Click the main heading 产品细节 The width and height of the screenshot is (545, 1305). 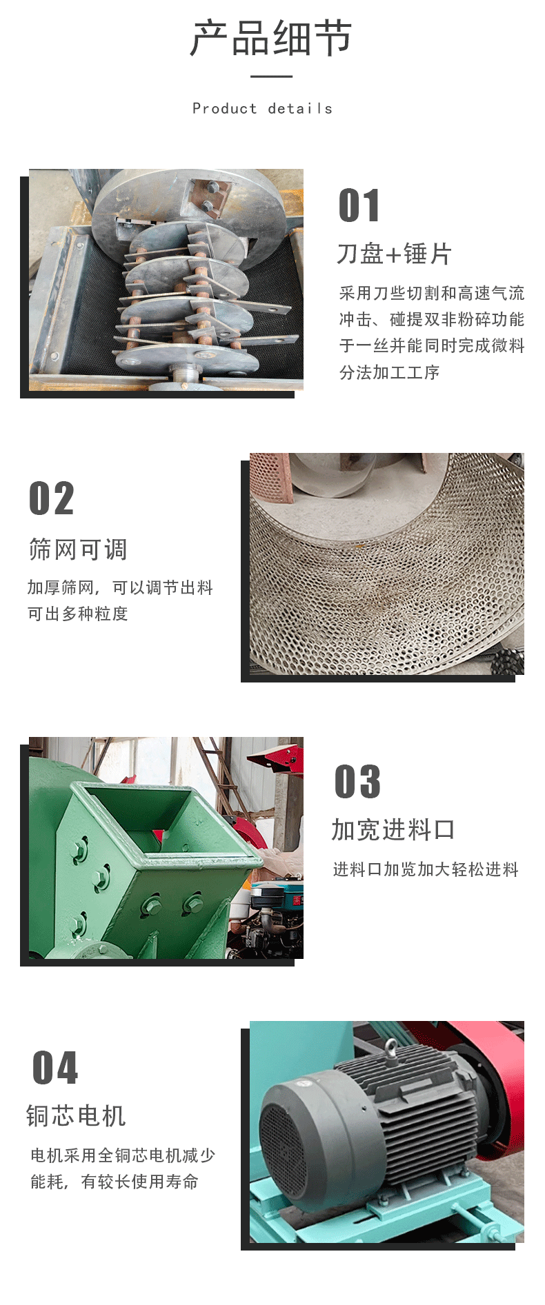[x=272, y=38]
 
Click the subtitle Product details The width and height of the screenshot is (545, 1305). [x=262, y=108]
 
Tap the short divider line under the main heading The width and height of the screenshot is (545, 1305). [x=271, y=77]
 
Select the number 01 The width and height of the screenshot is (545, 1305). [x=359, y=205]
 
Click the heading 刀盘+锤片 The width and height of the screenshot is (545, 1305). [x=394, y=254]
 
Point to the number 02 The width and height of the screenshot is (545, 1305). [x=51, y=498]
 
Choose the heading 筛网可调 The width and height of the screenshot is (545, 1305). [x=78, y=549]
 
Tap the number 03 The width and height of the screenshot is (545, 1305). [x=357, y=782]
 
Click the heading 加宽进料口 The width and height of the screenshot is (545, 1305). [x=393, y=829]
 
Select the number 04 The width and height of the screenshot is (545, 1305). [x=55, y=1068]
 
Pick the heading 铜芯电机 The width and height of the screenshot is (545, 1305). [x=76, y=1115]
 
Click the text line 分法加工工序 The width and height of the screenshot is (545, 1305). [x=389, y=372]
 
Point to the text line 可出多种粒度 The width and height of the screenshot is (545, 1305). [x=78, y=614]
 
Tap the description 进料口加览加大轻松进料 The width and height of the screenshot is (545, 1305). [x=426, y=869]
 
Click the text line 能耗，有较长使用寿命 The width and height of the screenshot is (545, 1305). [x=115, y=1182]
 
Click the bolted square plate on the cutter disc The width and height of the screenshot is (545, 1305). [x=206, y=196]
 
